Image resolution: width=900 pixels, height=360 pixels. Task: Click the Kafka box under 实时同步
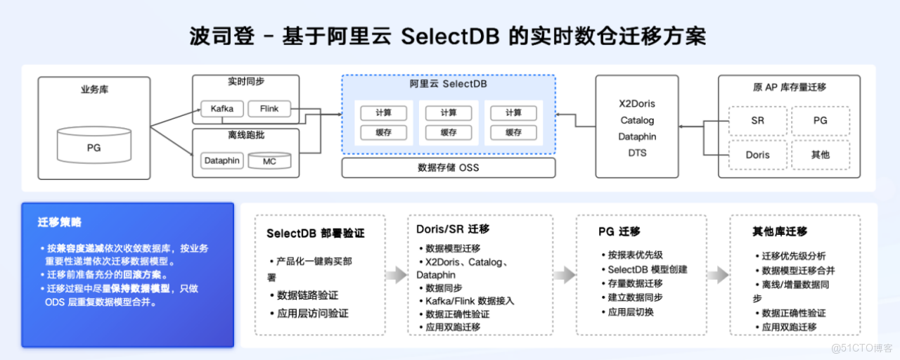click(x=221, y=109)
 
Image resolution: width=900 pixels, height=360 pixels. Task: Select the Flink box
click(x=269, y=109)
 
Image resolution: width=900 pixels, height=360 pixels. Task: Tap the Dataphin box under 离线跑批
click(x=221, y=161)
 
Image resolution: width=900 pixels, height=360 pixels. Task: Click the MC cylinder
click(x=269, y=161)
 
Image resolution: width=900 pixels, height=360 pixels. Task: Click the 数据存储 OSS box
click(x=448, y=168)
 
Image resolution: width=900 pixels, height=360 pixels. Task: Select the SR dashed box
click(x=757, y=121)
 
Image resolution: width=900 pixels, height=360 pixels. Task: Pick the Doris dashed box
click(x=757, y=155)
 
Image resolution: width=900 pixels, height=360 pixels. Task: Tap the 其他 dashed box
click(x=821, y=155)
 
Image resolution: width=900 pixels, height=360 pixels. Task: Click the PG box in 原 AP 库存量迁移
click(x=821, y=121)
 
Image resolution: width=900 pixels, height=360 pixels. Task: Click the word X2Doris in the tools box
click(x=637, y=103)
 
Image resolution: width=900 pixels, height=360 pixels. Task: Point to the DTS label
click(x=637, y=153)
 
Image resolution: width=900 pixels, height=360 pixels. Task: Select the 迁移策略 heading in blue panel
click(x=60, y=222)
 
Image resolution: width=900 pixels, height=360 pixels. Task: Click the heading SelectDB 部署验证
click(x=316, y=233)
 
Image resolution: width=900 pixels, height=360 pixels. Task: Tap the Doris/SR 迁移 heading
click(x=453, y=229)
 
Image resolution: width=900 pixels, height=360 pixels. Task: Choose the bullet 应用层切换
click(x=630, y=311)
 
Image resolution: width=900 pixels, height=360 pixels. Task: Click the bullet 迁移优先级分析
click(x=794, y=256)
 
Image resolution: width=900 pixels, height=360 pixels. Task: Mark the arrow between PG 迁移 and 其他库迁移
click(x=718, y=275)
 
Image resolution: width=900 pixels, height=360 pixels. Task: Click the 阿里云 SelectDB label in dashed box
click(x=448, y=84)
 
